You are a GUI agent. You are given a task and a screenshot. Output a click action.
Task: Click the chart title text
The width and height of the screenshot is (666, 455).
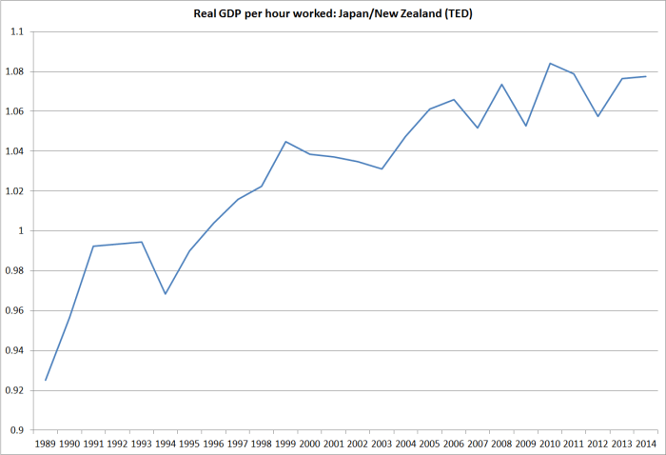click(x=333, y=12)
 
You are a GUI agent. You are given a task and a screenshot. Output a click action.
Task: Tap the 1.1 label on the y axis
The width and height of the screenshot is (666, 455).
click(x=17, y=31)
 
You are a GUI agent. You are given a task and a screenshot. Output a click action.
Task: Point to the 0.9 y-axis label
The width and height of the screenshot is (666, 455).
click(x=17, y=430)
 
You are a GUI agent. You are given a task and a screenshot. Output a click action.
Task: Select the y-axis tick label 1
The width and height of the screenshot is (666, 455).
click(x=22, y=231)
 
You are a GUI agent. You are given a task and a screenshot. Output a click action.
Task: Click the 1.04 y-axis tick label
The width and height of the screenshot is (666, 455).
click(x=14, y=151)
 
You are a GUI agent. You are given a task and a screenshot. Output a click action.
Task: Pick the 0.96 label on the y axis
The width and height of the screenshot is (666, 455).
click(x=14, y=311)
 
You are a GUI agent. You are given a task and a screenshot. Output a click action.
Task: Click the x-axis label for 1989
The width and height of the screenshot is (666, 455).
click(x=46, y=444)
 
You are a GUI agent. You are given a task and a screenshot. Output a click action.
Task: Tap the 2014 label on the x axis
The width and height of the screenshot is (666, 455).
click(x=646, y=444)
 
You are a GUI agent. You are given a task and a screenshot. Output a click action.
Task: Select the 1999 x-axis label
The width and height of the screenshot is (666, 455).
click(x=285, y=444)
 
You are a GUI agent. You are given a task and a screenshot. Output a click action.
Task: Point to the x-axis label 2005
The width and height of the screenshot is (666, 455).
click(x=430, y=444)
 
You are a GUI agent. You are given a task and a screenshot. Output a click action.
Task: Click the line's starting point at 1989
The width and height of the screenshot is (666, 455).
click(x=46, y=380)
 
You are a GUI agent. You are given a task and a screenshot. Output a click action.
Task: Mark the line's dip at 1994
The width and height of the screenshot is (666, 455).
click(x=166, y=293)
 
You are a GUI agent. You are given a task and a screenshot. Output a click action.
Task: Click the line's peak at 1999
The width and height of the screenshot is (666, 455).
click(x=285, y=142)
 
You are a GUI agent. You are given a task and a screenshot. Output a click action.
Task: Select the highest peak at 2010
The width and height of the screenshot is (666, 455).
click(x=550, y=64)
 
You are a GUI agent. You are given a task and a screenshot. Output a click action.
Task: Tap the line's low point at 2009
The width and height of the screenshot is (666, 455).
click(x=526, y=126)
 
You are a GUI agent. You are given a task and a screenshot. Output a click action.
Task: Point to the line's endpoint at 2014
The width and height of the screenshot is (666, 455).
click(x=646, y=76)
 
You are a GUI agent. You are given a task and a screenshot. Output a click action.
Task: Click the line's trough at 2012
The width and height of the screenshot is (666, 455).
click(x=598, y=116)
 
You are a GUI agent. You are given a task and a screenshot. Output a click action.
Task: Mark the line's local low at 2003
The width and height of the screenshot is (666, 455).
click(x=382, y=168)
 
